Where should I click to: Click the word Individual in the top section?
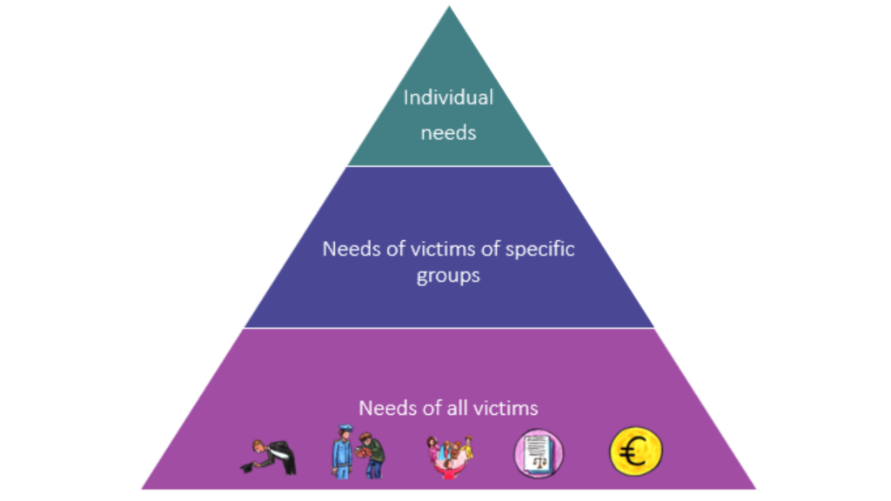tap(447, 97)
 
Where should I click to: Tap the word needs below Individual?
tap(448, 134)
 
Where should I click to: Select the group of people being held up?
tap(449, 452)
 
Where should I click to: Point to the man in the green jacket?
tap(372, 454)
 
